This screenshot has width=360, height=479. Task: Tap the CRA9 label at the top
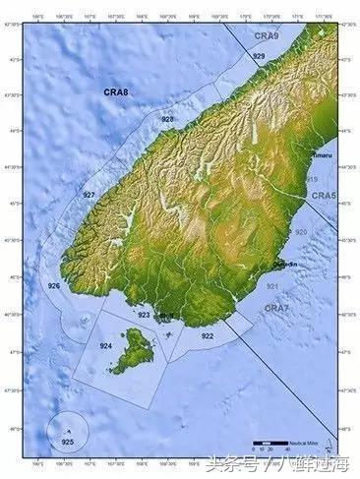(x=267, y=35)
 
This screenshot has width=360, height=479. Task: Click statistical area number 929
(x=258, y=58)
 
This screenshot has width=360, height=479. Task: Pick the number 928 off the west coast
(x=168, y=119)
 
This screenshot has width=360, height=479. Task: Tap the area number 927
(x=89, y=196)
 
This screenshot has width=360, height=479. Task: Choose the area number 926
(x=54, y=286)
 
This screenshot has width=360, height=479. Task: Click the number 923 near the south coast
(x=144, y=316)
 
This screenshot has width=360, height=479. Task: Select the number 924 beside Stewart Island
(x=105, y=346)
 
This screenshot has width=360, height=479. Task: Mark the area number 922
(x=208, y=336)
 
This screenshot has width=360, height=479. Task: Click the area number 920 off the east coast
(x=301, y=232)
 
